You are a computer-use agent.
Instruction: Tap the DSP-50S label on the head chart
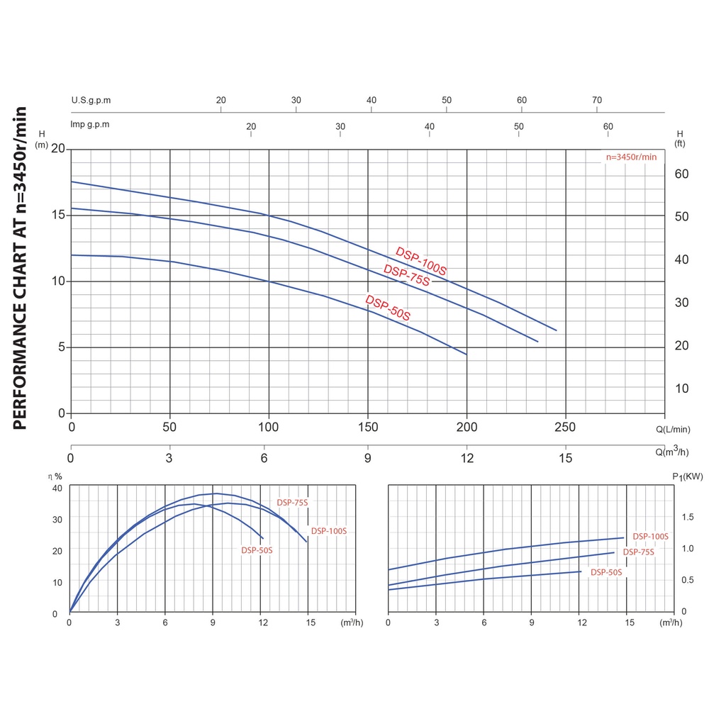pos(388,308)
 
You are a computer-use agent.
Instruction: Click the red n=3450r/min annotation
pos(631,157)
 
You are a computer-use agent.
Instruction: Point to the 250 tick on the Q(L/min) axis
pos(565,428)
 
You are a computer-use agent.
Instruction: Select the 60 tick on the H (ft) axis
pos(681,174)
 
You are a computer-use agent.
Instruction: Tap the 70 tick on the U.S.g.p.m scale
pos(597,100)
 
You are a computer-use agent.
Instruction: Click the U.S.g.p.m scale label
pos(91,100)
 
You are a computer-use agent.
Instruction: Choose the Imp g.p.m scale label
pos(90,124)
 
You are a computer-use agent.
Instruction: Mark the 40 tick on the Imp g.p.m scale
pos(430,126)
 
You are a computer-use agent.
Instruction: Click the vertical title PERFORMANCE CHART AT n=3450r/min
pos(20,268)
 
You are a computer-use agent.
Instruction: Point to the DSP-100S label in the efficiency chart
pos(329,531)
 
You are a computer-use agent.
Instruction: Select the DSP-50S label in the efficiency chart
pos(257,550)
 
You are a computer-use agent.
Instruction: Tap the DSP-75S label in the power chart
pos(639,552)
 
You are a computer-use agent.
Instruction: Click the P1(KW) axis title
pos(687,476)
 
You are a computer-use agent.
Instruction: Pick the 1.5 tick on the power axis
pos(688,517)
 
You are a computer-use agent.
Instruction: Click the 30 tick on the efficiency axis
pos(57,519)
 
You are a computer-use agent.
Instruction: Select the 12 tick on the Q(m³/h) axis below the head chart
pos(466,458)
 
